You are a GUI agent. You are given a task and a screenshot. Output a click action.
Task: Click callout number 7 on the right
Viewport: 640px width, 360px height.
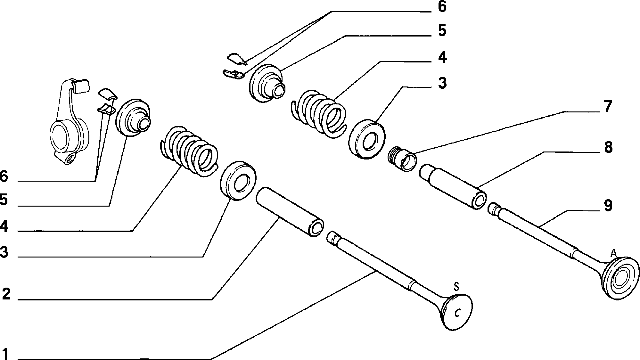tap(608, 107)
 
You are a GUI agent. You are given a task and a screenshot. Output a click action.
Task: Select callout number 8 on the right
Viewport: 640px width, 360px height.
tap(608, 148)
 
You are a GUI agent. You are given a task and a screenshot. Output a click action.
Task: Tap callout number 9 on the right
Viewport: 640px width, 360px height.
tap(608, 206)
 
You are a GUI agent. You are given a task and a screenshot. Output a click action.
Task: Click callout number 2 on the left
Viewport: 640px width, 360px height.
tap(6, 294)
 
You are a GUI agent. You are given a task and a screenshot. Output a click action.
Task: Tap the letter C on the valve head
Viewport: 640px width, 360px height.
tap(458, 313)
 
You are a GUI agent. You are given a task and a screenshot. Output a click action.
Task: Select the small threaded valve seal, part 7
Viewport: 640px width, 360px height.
tap(402, 159)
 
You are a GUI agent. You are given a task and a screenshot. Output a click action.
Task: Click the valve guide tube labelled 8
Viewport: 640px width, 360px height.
tap(453, 186)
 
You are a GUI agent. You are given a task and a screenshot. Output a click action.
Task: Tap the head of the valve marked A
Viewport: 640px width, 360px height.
tap(620, 278)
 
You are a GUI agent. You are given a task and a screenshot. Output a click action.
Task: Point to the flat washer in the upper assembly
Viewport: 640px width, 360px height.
tap(367, 139)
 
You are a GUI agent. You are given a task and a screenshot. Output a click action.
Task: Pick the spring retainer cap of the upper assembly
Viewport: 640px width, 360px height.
tap(267, 83)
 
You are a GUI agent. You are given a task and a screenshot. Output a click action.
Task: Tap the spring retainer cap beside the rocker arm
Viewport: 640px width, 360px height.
tap(133, 117)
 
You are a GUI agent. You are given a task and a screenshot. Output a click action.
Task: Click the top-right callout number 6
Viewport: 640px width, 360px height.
tap(442, 7)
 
